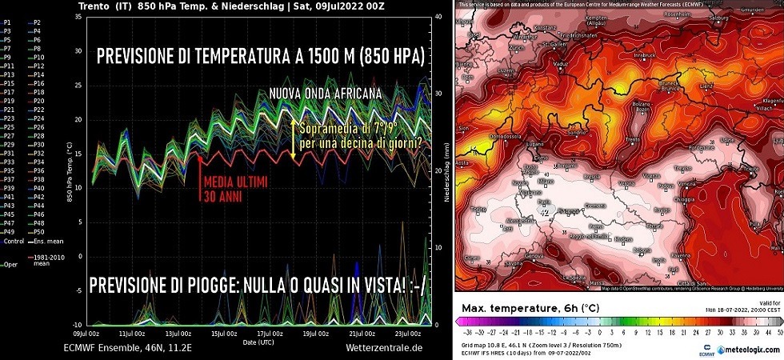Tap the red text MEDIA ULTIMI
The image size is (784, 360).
tap(236, 182)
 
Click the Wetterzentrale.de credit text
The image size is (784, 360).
tap(383, 348)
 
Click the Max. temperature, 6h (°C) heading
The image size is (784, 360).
tap(528, 308)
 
